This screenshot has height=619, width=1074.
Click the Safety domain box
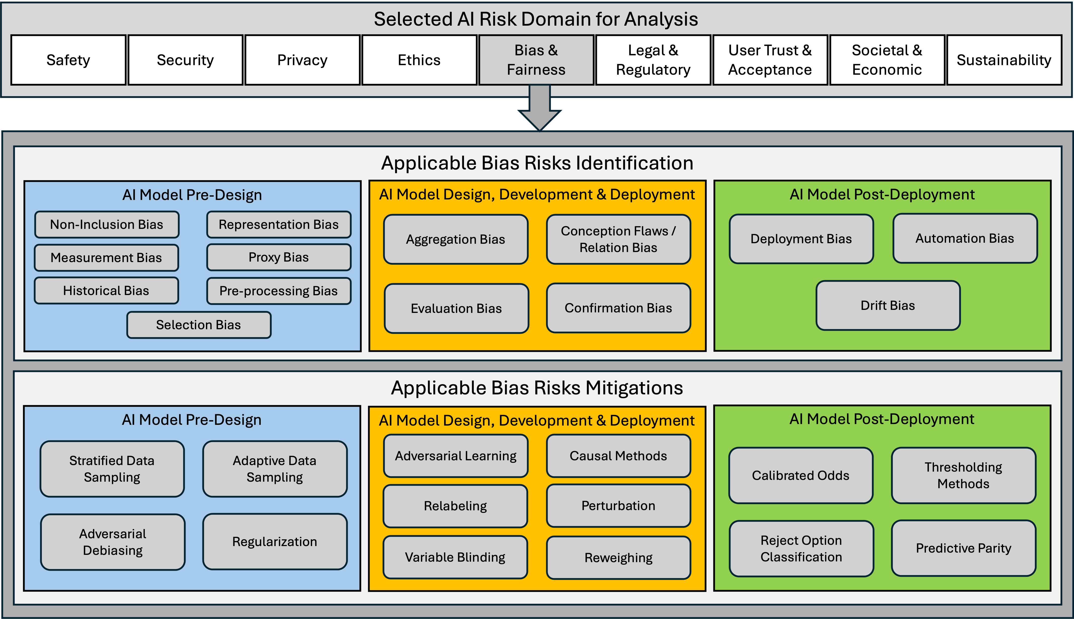pos(68,60)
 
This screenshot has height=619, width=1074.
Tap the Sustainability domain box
pos(1004,60)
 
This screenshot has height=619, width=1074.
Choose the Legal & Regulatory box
pos(653,60)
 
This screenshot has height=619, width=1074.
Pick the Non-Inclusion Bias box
pos(107,224)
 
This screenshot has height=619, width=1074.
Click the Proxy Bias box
pos(279,257)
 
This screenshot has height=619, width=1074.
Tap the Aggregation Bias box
pos(456,239)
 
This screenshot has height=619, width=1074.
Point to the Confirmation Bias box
pos(618,308)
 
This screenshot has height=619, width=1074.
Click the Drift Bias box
pos(888,305)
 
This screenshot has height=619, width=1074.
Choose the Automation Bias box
pos(965,238)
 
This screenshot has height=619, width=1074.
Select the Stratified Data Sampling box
pos(112,469)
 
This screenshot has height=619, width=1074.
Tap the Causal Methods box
pos(618,456)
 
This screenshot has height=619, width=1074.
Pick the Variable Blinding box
pos(455,557)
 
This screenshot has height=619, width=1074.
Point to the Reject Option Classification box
pos(801,548)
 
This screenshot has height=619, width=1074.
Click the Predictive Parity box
pos(964,548)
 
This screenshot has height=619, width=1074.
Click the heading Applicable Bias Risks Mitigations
pos(537,388)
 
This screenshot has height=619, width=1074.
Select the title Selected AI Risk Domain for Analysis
pos(536,19)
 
